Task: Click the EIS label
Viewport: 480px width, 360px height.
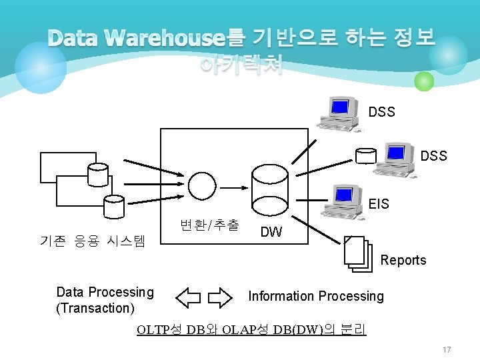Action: pos(379,204)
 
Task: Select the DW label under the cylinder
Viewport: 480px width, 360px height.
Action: pos(271,232)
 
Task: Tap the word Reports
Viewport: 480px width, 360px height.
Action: pos(403,261)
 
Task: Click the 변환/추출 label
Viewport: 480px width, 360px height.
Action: pos(209,225)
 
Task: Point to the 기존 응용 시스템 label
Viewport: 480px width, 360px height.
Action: pos(93,241)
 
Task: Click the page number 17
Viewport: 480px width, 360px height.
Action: pos(447,349)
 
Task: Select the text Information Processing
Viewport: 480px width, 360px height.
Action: pos(316,296)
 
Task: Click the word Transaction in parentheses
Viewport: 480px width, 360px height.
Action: pos(96,308)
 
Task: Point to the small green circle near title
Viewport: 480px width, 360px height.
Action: pos(424,82)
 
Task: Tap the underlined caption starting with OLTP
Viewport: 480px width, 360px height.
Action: pos(251,329)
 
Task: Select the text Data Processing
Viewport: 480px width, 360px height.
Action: pos(105,292)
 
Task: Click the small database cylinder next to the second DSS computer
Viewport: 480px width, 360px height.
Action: pos(365,155)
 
